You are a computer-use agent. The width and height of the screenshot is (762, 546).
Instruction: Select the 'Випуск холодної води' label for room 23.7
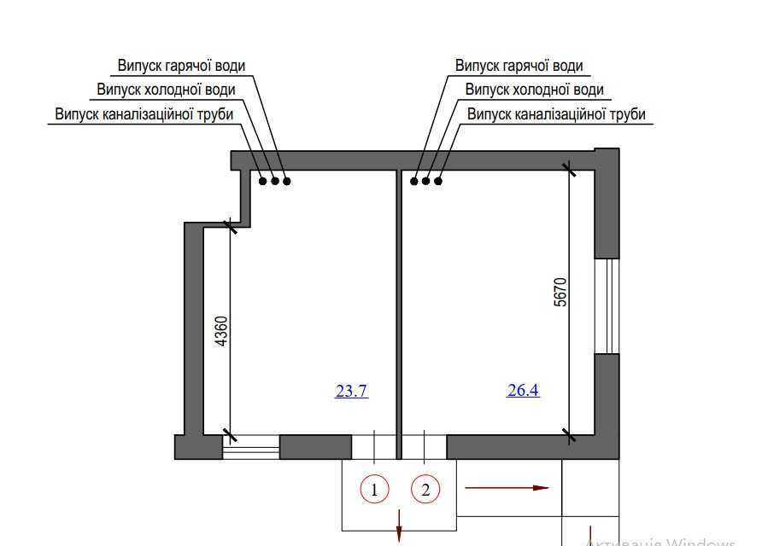click(166, 90)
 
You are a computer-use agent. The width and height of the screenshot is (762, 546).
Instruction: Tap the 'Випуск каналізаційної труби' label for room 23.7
click(144, 113)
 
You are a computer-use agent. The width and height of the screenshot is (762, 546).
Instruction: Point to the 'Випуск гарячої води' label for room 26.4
click(519, 66)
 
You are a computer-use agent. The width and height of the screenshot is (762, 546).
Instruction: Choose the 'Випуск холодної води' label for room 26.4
click(534, 90)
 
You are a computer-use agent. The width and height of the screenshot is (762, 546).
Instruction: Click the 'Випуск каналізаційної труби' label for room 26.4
click(556, 113)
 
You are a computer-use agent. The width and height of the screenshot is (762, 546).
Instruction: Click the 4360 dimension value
click(220, 330)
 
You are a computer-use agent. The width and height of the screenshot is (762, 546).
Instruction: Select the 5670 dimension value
click(560, 293)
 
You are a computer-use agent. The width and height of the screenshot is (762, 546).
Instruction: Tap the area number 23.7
click(351, 392)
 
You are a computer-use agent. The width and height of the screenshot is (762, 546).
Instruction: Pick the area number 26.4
click(523, 391)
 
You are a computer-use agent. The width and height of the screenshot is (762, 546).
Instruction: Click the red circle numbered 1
click(374, 490)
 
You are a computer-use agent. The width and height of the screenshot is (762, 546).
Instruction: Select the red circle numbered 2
click(425, 490)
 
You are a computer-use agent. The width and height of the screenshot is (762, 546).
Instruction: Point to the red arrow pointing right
click(506, 488)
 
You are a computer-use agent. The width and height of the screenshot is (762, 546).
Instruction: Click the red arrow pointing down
click(399, 525)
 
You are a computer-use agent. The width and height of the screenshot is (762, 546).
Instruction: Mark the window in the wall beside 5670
click(607, 305)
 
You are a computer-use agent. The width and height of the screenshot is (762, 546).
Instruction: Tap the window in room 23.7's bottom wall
click(251, 447)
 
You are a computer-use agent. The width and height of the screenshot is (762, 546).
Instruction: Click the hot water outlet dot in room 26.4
click(414, 181)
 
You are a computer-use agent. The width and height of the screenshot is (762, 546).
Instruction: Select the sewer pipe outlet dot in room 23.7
click(263, 180)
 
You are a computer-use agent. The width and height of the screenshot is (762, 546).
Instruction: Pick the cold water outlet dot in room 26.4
click(426, 181)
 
